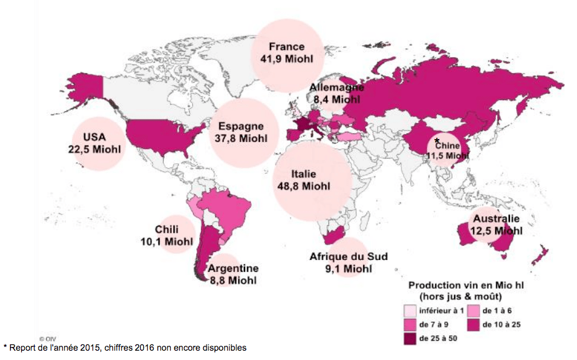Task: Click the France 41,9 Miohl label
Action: coord(287,53)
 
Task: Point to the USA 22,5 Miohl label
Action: coord(95,143)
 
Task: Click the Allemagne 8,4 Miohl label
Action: coord(337,93)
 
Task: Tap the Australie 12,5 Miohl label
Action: coord(496,225)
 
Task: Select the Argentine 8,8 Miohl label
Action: coord(233,274)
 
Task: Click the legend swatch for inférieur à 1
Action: coord(409,310)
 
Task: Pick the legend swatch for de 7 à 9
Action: coord(409,325)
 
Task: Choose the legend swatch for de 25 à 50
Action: coord(409,339)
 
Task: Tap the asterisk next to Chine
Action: coord(437,141)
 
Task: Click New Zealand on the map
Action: coord(540,253)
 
